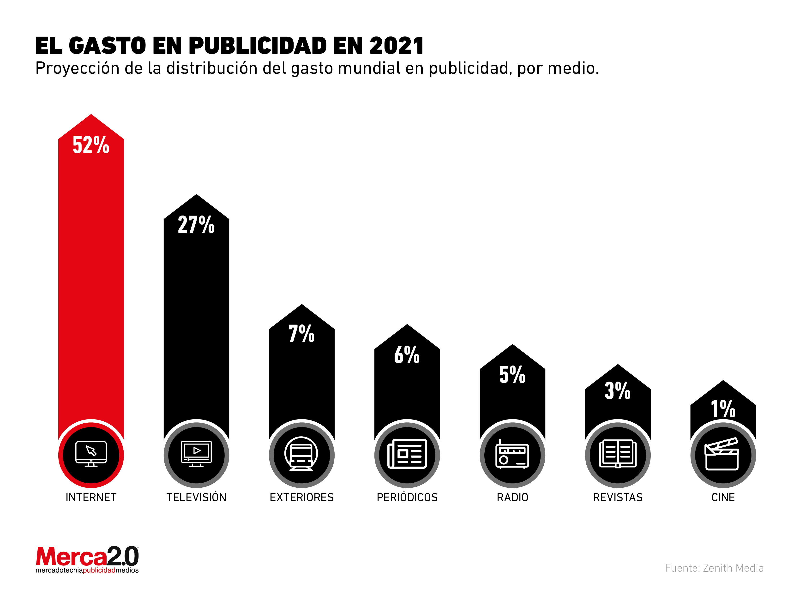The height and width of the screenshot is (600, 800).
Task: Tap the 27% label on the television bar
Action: tap(196, 225)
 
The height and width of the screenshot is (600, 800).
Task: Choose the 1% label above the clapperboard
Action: tap(723, 409)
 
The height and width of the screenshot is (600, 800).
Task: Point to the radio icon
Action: tap(512, 455)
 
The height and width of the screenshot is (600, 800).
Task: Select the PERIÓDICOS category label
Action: tap(407, 498)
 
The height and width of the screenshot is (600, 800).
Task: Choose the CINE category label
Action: tap(723, 498)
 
